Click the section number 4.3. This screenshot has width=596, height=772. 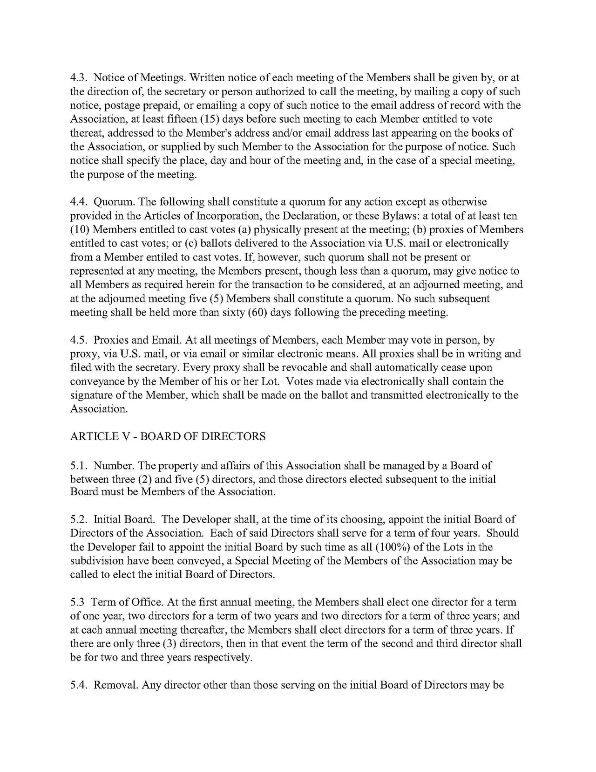79,78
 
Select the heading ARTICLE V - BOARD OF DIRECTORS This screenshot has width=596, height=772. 168,436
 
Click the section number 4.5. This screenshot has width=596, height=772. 79,340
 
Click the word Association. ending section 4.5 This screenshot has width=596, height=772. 99,409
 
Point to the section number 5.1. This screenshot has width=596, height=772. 79,466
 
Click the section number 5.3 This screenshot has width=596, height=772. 78,602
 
